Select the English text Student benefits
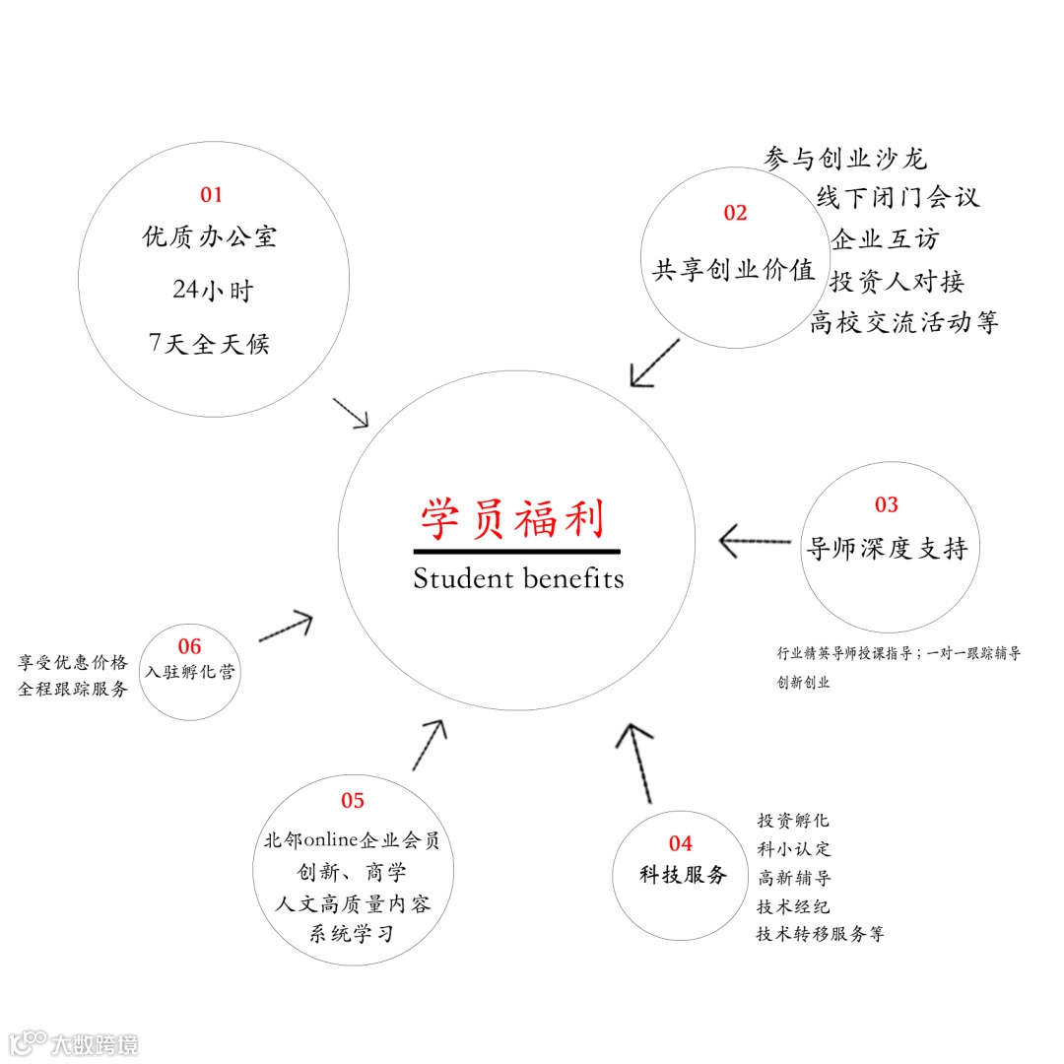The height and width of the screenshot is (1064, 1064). pos(518,578)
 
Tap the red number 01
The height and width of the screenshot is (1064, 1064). pos(212,195)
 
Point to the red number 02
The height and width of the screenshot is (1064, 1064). pos(735,213)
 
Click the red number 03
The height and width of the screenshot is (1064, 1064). pos(887,505)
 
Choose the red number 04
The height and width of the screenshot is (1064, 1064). pos(681,843)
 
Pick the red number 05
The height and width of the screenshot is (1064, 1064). pos(353,801)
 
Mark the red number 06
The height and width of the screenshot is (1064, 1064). pos(189,647)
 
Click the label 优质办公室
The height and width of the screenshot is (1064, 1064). pos(210,237)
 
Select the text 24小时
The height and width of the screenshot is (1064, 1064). pos(213,291)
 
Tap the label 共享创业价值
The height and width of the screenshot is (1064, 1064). pos(734,270)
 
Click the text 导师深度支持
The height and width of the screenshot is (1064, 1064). pos(887,549)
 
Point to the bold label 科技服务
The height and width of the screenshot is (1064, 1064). pos(682,875)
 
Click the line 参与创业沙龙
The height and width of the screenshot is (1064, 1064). pos(845,159)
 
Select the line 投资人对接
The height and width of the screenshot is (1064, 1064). pos(897,282)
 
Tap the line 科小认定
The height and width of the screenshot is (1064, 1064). pos(794,848)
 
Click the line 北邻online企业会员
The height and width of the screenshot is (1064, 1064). pos(352,841)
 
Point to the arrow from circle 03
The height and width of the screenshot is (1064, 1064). pos(756,541)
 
